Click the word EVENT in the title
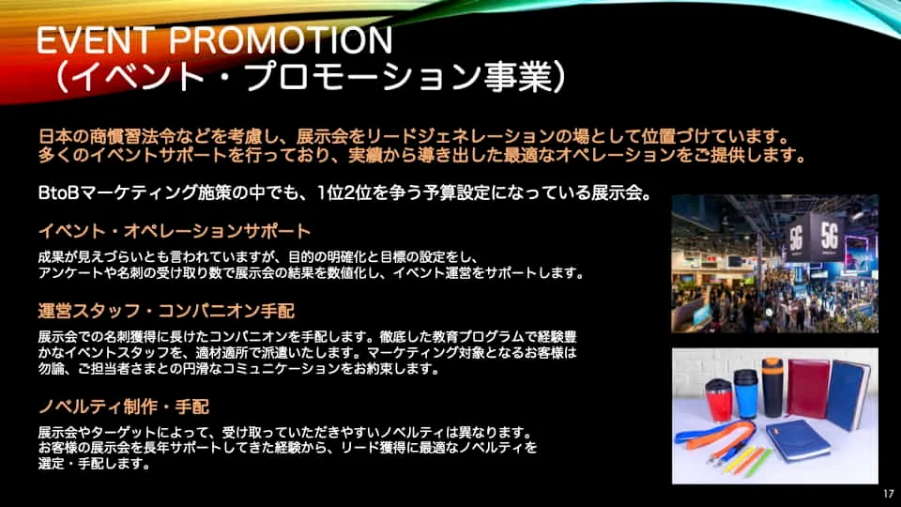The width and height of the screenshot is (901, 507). [96, 39]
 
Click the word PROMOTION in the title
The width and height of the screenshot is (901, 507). [281, 39]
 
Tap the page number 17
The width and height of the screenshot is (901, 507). [889, 493]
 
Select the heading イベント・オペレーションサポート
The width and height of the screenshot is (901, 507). [175, 231]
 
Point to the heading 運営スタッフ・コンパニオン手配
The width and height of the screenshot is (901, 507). [167, 311]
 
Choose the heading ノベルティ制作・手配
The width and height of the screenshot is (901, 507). [124, 407]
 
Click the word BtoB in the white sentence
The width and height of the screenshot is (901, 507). [58, 192]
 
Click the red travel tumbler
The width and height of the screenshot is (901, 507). [719, 400]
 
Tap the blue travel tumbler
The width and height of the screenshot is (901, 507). [745, 393]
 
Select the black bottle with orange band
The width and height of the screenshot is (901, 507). [772, 387]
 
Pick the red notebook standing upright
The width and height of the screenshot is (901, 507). [807, 388]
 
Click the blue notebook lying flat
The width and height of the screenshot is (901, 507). [798, 440]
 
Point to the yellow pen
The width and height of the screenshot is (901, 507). [739, 460]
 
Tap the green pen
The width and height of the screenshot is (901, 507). [758, 463]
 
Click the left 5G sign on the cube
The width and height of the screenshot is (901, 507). [797, 237]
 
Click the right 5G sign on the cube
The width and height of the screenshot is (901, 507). [829, 235]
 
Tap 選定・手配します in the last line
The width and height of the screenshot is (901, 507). [94, 463]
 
